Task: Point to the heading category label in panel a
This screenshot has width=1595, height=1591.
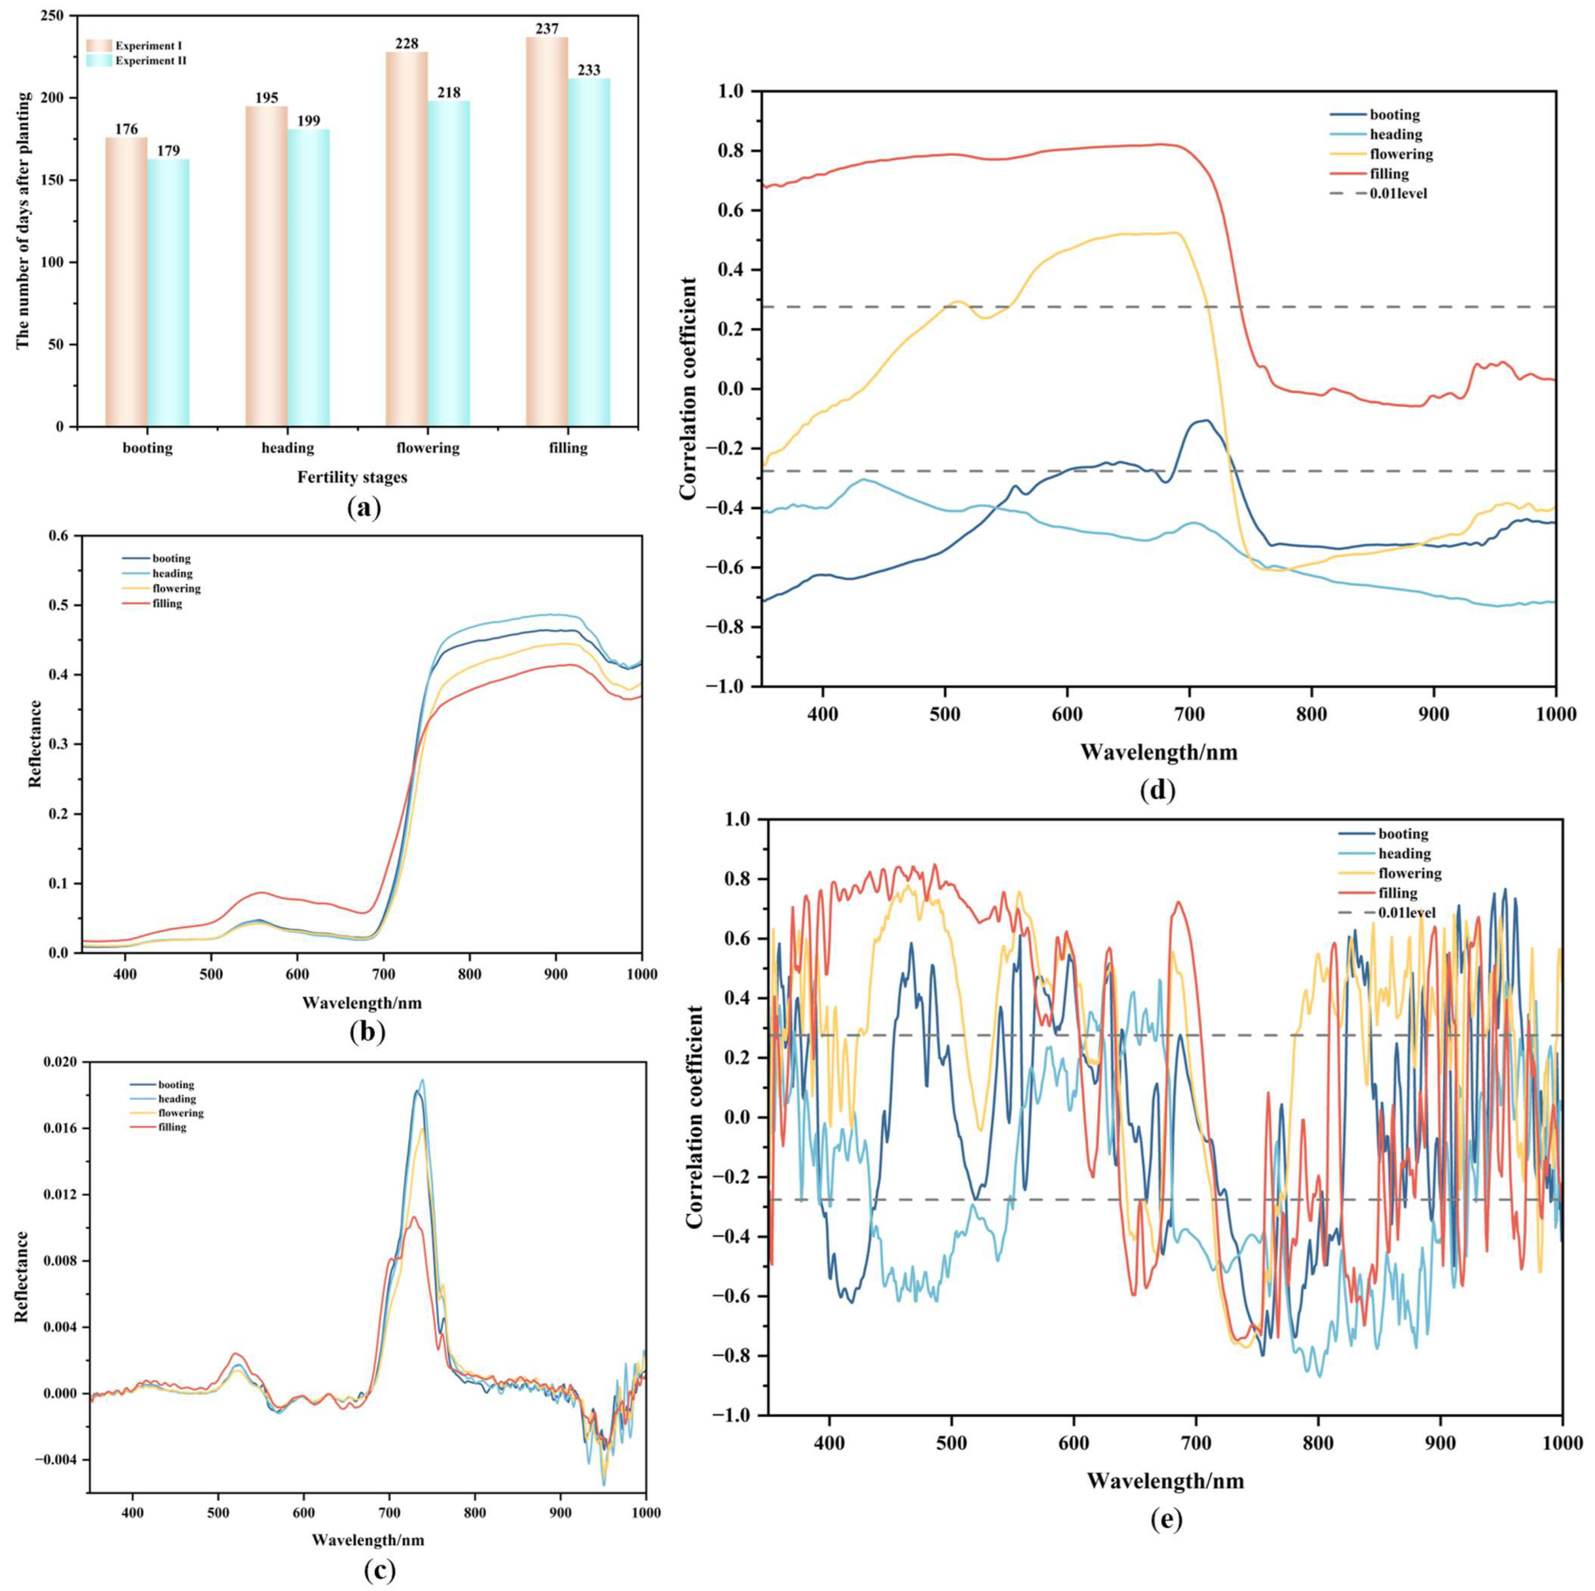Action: [x=287, y=448]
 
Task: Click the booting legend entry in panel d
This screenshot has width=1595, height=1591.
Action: [x=1394, y=115]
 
